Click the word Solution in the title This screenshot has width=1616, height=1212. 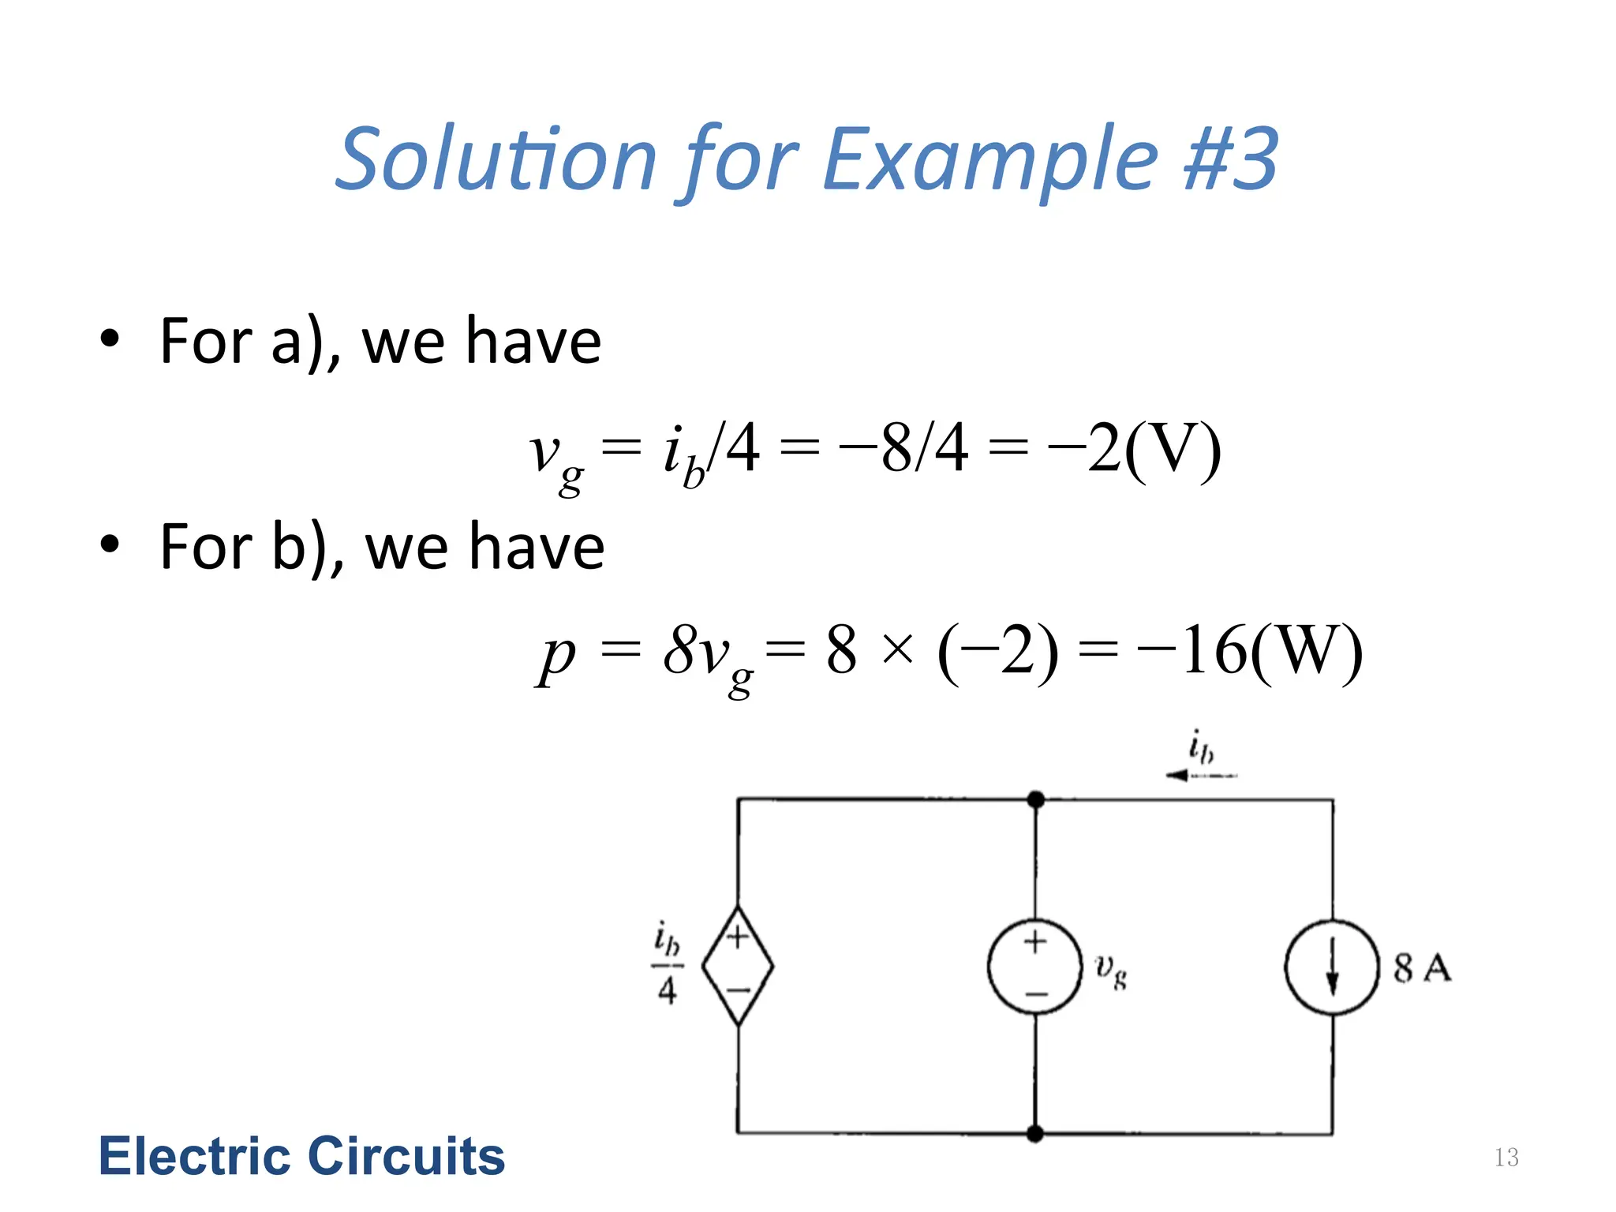point(496,159)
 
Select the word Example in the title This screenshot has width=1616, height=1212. point(991,159)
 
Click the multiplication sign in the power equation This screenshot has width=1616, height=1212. point(898,652)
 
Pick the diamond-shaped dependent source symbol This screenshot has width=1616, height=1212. point(738,966)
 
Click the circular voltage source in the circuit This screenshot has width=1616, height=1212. point(1035,966)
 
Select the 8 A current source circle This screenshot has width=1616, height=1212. point(1332,967)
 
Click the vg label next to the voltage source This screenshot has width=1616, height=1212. point(1111,971)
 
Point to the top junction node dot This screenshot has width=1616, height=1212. point(1036,800)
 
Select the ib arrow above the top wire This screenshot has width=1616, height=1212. point(1201,775)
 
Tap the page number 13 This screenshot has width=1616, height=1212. point(1506,1158)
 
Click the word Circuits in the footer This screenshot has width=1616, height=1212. point(406,1157)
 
